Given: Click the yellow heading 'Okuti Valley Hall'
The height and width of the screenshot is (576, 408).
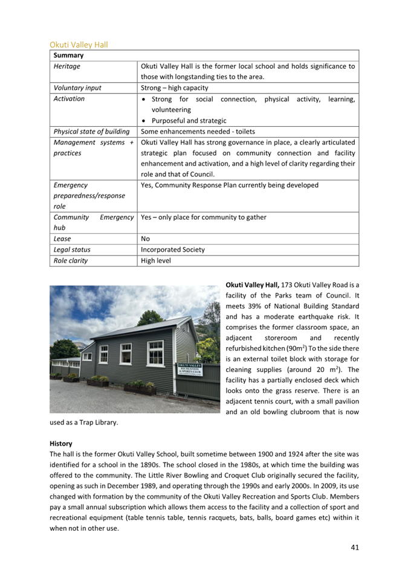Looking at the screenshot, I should point(79,45).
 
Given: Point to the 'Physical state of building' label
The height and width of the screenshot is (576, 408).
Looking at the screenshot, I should point(91,131).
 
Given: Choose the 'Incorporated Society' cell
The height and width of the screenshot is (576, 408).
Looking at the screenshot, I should point(172,249).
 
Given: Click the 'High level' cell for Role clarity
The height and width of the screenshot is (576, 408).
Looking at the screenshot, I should point(155,261).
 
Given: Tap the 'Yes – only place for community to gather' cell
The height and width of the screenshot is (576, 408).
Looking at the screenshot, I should point(203,217).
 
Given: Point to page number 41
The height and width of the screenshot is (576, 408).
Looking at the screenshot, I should point(355,547).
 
